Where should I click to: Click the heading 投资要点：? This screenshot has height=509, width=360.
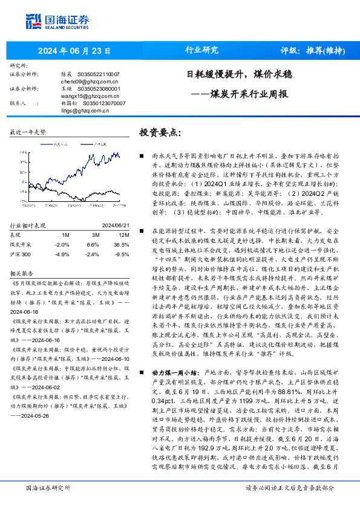160,132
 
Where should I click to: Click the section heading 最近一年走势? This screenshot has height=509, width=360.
28,131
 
